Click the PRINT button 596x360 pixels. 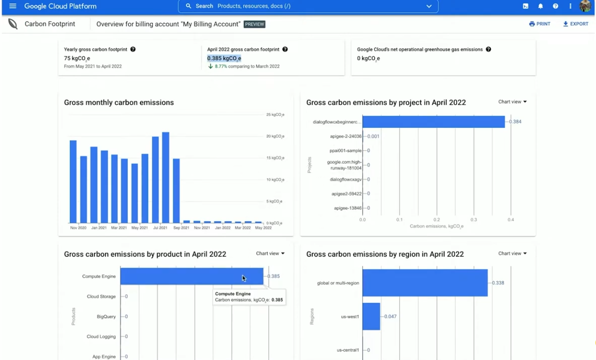coord(540,24)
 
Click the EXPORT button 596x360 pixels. coord(576,24)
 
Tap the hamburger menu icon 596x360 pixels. coord(13,6)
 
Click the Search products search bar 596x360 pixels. coord(309,6)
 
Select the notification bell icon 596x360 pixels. coord(541,6)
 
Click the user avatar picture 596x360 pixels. coord(585,6)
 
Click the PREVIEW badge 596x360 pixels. coord(254,24)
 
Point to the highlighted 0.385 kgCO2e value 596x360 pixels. coord(224,58)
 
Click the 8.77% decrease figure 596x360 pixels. coord(221,67)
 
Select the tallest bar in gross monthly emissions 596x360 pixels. coord(165,177)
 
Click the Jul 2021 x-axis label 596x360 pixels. coord(160,227)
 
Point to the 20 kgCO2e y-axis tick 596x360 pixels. coord(275,136)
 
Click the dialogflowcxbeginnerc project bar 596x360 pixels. coord(433,122)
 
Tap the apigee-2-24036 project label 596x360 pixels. coord(346,136)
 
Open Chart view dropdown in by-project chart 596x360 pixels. coord(512,102)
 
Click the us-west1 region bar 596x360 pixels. coord(371,317)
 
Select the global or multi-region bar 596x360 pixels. coord(424,283)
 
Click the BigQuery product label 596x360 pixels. coord(106,317)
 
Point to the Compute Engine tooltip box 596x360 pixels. coord(249,297)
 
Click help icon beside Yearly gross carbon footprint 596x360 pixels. coord(133,49)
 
